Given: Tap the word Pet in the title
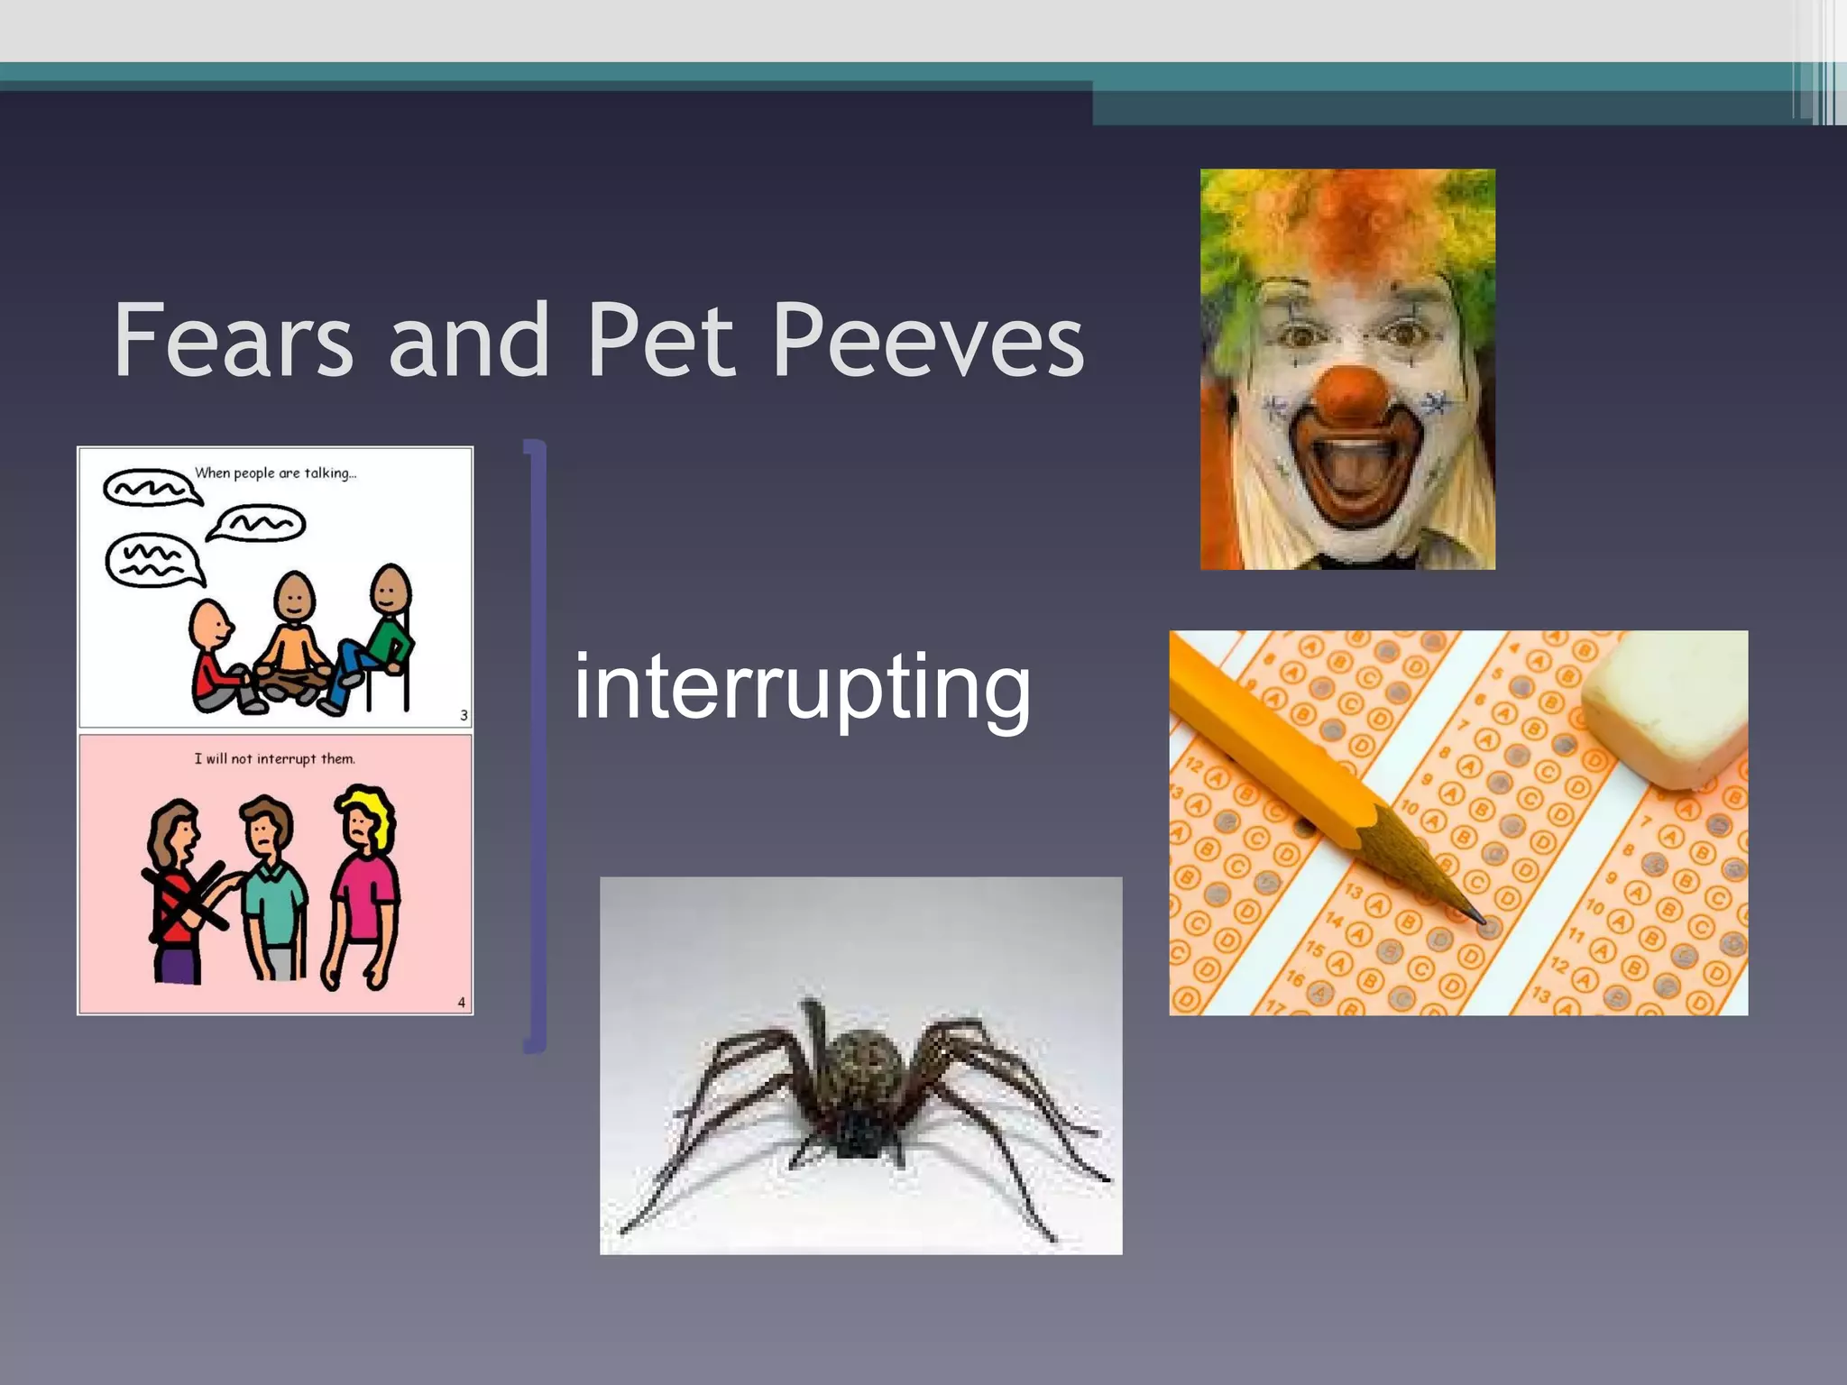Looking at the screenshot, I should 660,341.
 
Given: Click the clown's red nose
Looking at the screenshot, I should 1350,395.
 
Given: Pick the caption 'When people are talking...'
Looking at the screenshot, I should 276,473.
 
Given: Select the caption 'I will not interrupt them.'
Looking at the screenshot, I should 275,759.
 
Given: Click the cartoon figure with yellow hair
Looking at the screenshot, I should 363,887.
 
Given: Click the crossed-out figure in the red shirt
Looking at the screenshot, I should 180,893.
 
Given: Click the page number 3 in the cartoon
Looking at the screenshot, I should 464,715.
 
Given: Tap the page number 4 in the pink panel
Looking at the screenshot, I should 462,1002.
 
